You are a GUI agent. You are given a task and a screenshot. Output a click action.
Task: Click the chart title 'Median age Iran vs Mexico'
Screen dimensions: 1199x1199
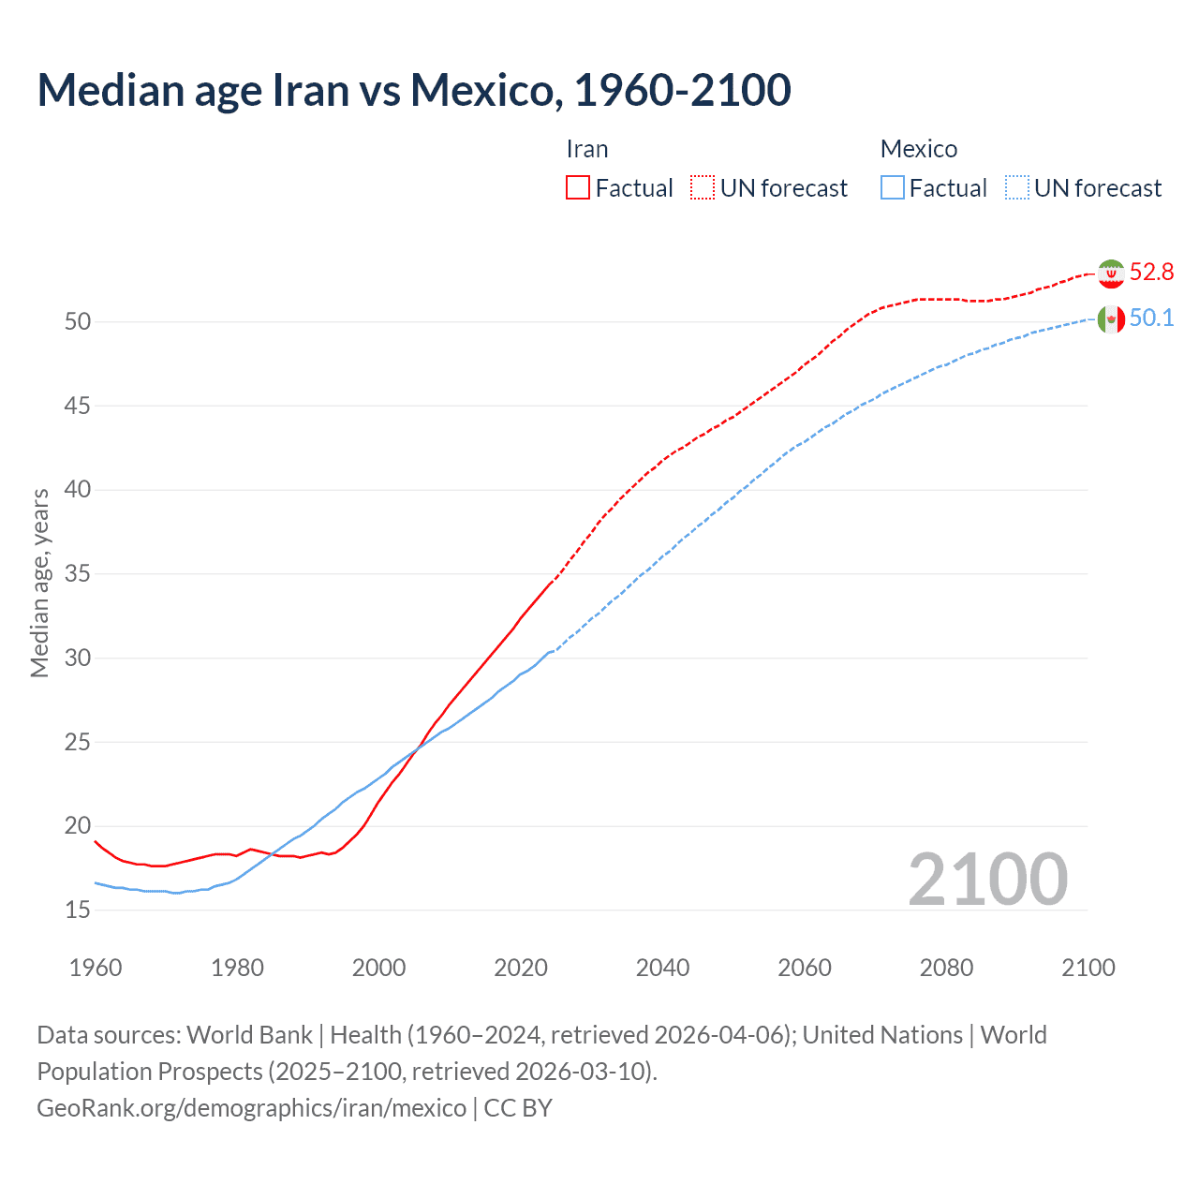(413, 90)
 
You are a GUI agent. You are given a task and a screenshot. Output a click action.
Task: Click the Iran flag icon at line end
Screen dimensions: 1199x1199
(1111, 274)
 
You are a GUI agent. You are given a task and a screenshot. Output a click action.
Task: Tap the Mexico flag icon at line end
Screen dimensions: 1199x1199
(1111, 319)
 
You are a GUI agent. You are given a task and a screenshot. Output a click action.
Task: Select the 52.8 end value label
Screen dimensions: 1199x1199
(1151, 273)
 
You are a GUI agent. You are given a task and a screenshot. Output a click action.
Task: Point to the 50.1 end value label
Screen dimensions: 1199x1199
(1151, 318)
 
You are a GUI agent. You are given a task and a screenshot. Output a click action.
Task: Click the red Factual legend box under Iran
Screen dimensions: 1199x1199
(578, 188)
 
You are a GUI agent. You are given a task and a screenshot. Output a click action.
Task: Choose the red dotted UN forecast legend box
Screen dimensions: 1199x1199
(703, 188)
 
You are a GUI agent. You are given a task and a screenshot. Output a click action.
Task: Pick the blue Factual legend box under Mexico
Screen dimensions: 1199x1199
(893, 188)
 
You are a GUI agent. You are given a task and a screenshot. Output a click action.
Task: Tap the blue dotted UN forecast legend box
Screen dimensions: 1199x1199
(1017, 188)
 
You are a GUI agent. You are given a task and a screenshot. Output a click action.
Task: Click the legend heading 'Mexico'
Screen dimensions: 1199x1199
(918, 149)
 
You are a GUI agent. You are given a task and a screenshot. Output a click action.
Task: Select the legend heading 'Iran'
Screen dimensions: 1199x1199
(587, 149)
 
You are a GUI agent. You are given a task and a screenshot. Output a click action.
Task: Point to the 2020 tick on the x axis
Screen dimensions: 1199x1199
(521, 968)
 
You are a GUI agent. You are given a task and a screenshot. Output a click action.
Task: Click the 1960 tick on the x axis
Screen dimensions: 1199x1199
(96, 968)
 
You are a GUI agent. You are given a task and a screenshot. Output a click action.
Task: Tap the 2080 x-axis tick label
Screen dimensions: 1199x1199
(946, 968)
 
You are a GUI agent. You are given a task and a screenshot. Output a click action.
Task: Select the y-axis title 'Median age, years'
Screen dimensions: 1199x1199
(39, 583)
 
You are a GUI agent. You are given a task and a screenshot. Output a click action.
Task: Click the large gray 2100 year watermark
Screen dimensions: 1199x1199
(987, 880)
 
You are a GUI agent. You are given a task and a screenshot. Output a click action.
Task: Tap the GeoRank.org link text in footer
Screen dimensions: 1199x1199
(251, 1108)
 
